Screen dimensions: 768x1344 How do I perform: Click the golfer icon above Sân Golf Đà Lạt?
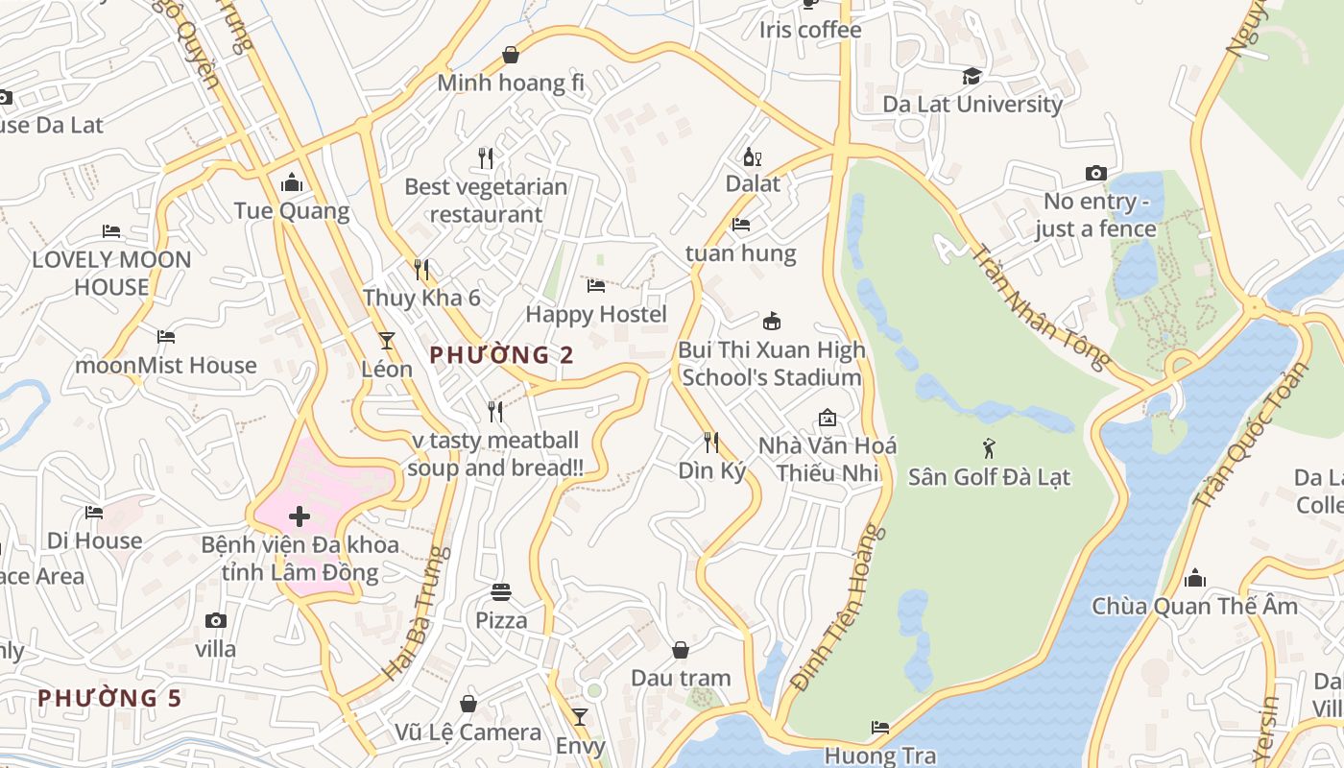(989, 447)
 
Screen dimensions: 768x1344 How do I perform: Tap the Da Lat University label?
(972, 104)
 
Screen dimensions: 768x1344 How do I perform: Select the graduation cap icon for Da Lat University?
(972, 76)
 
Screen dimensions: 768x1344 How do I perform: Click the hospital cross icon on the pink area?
(300, 517)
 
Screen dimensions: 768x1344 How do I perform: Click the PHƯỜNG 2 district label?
(501, 355)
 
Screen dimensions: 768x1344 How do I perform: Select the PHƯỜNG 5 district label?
(109, 698)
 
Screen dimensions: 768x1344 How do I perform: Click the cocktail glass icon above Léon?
(386, 340)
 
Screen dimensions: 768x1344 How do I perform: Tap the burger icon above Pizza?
(501, 591)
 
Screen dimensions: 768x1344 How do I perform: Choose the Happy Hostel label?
(596, 314)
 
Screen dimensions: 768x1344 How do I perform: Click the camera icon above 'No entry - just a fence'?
(1095, 174)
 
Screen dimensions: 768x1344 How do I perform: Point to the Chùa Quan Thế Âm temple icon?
(1195, 578)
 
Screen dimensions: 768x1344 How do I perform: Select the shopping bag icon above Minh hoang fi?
(511, 55)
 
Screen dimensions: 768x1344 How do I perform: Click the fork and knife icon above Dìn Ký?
(711, 443)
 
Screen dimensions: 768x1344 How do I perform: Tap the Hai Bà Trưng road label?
(417, 614)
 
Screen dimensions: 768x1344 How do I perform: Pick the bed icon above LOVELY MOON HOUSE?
(111, 231)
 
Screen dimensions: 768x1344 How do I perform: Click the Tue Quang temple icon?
(292, 182)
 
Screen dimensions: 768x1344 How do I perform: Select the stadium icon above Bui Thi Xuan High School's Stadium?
(771, 321)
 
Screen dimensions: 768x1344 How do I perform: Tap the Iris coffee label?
(810, 30)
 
